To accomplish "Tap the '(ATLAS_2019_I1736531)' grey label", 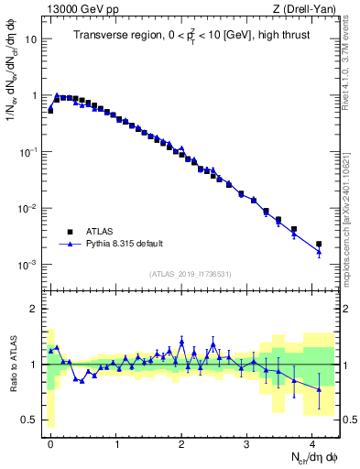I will click(190, 275).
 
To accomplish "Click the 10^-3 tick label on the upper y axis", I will click(29, 265).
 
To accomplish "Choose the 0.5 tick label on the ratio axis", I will click(30, 420).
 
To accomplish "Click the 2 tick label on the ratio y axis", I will click(36, 309).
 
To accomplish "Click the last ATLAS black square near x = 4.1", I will click(319, 245).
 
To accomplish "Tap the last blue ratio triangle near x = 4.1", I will click(319, 389).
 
